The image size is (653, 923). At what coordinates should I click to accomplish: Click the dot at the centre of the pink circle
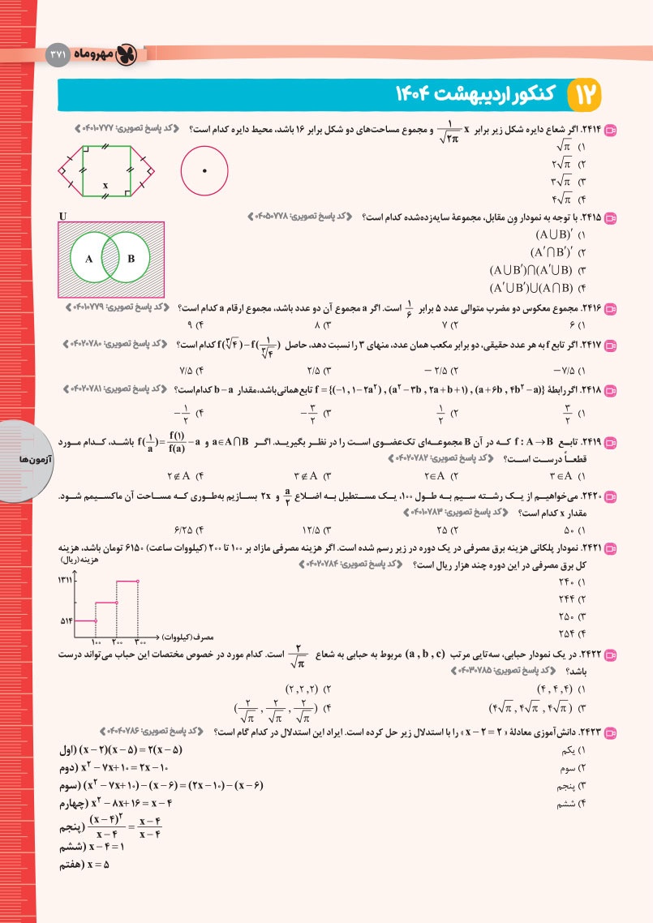click(204, 170)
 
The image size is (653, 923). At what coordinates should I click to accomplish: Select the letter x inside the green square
click(105, 186)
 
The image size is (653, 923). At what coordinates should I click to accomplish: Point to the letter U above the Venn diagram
click(63, 216)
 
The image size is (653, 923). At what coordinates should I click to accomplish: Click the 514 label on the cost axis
click(44, 620)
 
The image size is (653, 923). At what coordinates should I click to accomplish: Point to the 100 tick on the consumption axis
click(97, 642)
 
